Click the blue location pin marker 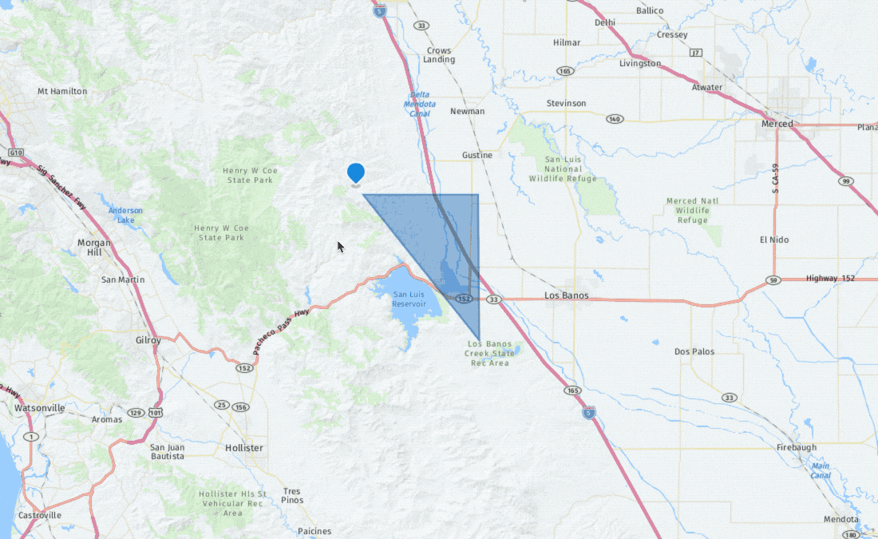356,172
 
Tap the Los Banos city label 566,295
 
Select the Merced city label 777,124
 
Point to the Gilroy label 148,340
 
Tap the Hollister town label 243,448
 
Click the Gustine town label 477,155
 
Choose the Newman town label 467,111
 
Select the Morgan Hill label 94,247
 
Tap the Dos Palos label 694,351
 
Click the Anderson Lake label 125,215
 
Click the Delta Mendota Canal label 420,104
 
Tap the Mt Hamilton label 62,91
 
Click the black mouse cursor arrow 340,246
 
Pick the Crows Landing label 439,55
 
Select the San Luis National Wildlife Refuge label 564,168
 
